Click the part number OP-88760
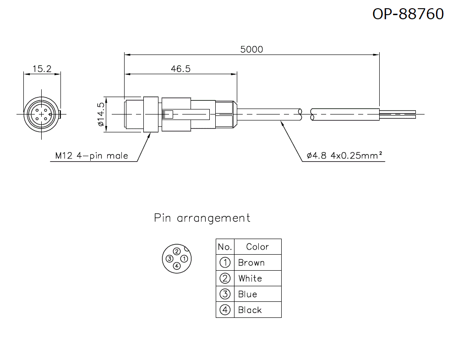pyautogui.click(x=408, y=14)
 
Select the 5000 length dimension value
pyautogui.click(x=251, y=49)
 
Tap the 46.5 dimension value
pyautogui.click(x=180, y=69)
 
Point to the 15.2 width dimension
pyautogui.click(x=42, y=69)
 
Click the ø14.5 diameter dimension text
pyautogui.click(x=101, y=115)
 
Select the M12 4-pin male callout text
pyautogui.click(x=92, y=156)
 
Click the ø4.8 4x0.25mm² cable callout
pyautogui.click(x=345, y=156)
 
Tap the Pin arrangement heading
pyautogui.click(x=202, y=218)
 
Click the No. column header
pyautogui.click(x=225, y=247)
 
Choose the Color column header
pyautogui.click(x=257, y=247)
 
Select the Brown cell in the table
pyautogui.click(x=251, y=263)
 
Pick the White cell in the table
pyautogui.click(x=250, y=278)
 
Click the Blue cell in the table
pyautogui.click(x=247, y=294)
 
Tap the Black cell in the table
pyautogui.click(x=250, y=310)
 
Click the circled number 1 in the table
pyautogui.click(x=225, y=263)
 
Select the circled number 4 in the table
pyautogui.click(x=225, y=310)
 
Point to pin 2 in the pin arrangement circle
pyautogui.click(x=177, y=251)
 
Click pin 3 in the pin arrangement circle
pyautogui.click(x=169, y=259)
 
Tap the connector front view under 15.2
pyautogui.click(x=42, y=114)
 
